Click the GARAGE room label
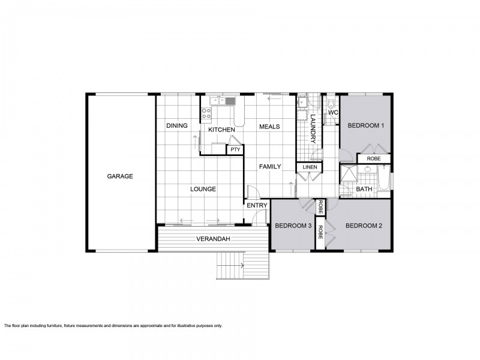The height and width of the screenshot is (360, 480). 120,176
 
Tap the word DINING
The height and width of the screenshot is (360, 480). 177,125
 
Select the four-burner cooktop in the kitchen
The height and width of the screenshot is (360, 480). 206,113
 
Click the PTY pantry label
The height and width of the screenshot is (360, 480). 235,149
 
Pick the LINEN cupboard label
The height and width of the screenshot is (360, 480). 310,167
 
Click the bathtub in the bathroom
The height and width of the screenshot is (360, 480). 384,178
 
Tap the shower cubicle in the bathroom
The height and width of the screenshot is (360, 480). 349,175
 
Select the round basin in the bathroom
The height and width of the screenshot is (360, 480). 368,169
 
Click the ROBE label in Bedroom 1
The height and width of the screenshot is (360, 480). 374,158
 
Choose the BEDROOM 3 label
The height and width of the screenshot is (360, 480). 293,226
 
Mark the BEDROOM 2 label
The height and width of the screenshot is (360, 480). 364,226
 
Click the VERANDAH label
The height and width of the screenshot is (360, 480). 213,239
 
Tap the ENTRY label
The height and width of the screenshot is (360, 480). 257,205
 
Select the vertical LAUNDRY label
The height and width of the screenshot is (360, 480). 313,128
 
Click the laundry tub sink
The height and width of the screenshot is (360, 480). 302,102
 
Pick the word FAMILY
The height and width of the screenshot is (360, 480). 270,167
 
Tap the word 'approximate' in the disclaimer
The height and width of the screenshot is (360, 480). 151,326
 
